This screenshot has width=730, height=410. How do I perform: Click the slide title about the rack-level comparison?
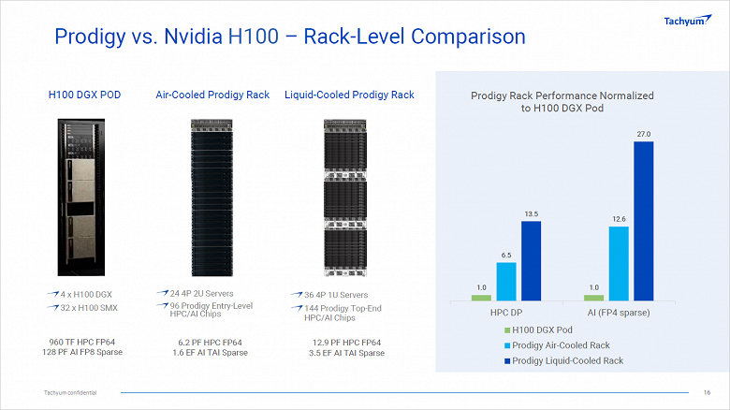pos(290,37)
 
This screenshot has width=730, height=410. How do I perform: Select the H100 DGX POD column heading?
pos(85,95)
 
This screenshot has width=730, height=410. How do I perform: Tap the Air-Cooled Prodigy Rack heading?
pos(212,95)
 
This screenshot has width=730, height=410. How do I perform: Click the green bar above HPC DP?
pos(481,297)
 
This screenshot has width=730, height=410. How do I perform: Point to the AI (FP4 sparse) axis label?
pos(619,311)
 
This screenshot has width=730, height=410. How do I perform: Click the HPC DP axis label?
pos(506,311)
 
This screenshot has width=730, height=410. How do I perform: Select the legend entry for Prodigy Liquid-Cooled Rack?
pos(568,360)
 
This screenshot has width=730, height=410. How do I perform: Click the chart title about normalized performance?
pos(562,102)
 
